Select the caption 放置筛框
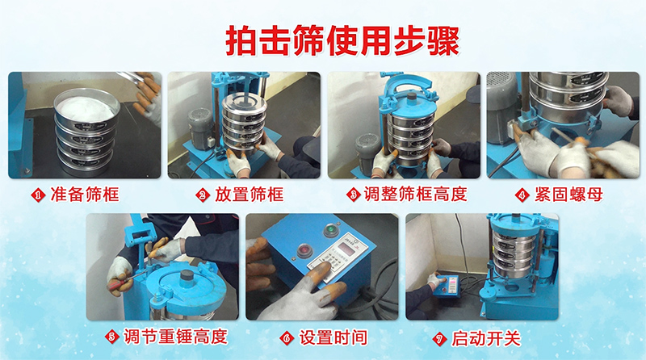click(x=248, y=195)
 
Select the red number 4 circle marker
click(x=525, y=195)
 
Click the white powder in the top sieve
click(x=83, y=106)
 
